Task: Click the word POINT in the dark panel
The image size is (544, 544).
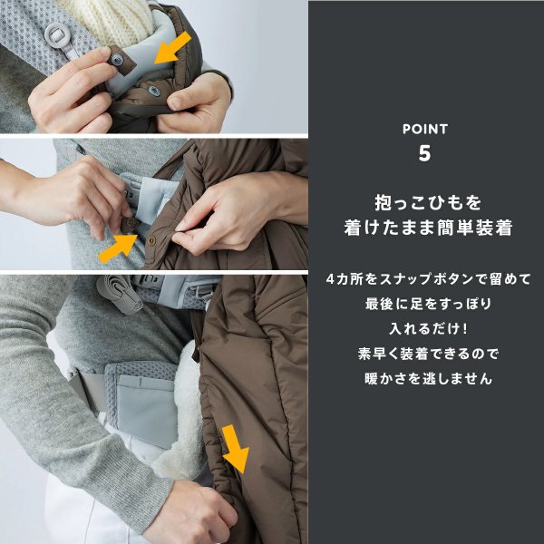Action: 425,129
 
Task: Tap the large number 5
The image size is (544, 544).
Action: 425,153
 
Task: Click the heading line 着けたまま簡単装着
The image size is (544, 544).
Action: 425,228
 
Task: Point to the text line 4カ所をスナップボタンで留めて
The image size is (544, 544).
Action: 425,277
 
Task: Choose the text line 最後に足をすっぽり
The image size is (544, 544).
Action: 425,303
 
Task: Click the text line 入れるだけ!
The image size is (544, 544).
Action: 425,328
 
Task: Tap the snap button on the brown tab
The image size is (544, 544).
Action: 119,60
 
